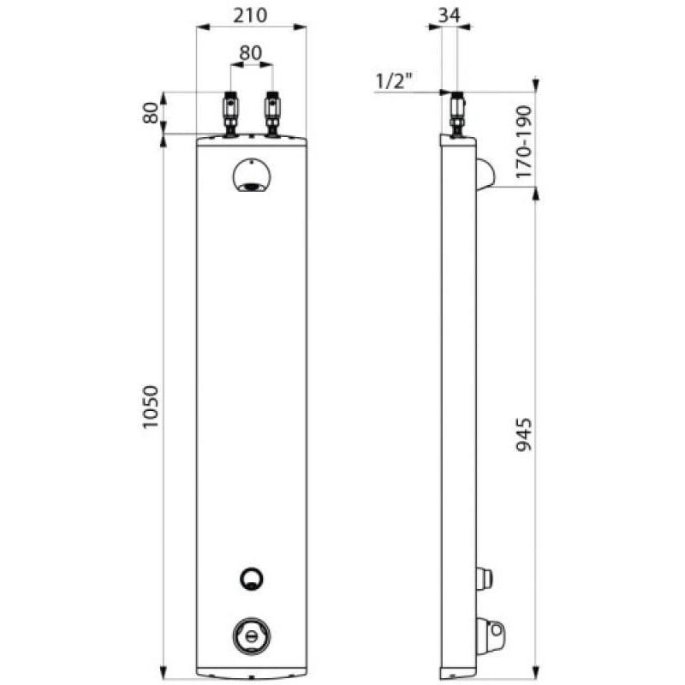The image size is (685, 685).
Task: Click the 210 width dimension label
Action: pyautogui.click(x=250, y=15)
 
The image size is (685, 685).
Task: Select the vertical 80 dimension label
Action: pyautogui.click(x=151, y=113)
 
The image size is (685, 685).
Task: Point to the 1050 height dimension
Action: pyautogui.click(x=151, y=408)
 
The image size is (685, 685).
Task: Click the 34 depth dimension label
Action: pyautogui.click(x=449, y=15)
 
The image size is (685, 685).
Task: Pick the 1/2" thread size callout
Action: pyautogui.click(x=394, y=81)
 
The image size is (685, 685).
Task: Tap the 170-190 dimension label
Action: pyautogui.click(x=524, y=141)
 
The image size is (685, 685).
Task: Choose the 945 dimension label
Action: pyautogui.click(x=524, y=435)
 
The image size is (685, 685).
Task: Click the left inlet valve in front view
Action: pyautogui.click(x=230, y=114)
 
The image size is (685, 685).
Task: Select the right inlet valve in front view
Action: pyautogui.click(x=272, y=114)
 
